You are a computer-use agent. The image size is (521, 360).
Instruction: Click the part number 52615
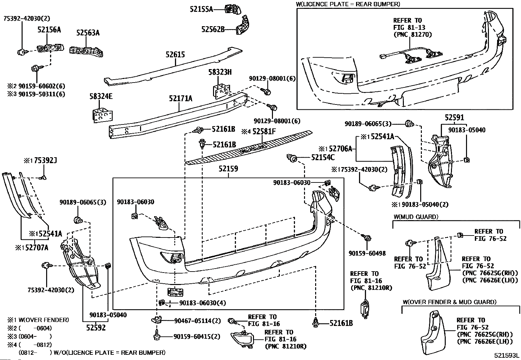(175, 54)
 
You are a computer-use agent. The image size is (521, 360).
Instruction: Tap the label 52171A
(181, 98)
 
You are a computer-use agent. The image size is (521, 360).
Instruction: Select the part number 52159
(228, 169)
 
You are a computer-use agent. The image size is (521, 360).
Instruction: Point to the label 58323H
(220, 72)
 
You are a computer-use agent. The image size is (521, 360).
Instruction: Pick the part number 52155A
(201, 9)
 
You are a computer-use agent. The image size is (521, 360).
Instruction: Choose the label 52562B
(213, 29)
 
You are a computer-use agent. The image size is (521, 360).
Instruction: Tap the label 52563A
(88, 33)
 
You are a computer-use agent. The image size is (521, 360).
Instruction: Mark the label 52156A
(49, 30)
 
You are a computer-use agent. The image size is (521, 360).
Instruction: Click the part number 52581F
(264, 132)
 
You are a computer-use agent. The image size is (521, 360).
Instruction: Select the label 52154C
(323, 158)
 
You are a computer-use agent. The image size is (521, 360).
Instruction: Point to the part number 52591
(454, 118)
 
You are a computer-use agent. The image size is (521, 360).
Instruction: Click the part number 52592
(96, 327)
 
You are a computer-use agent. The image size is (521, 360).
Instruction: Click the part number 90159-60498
(367, 253)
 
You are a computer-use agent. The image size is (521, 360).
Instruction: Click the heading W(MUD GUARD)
(416, 217)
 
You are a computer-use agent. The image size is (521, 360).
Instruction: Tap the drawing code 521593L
(507, 355)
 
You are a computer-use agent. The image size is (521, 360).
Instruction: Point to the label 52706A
(340, 149)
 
